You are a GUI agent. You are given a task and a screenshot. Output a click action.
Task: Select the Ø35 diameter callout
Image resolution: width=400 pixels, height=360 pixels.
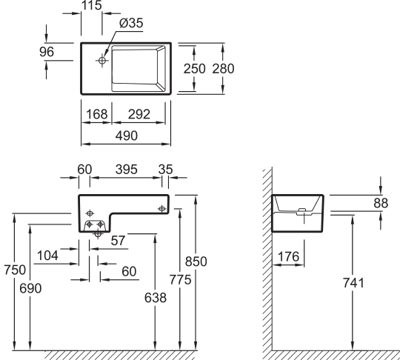coord(130,23)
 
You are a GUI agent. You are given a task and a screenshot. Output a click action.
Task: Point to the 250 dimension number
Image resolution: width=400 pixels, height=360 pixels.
coord(195,68)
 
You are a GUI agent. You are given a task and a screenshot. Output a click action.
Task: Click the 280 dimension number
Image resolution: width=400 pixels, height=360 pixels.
coord(223,68)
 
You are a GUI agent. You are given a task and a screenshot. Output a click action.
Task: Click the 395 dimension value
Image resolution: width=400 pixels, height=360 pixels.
coord(122,170)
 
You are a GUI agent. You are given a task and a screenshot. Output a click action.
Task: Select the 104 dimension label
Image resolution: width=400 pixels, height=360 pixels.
coord(47,256)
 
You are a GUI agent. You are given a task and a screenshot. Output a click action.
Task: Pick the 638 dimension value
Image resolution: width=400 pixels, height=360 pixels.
coord(153,297)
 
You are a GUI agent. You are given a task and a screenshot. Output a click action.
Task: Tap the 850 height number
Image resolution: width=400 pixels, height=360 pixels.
coord(196,261)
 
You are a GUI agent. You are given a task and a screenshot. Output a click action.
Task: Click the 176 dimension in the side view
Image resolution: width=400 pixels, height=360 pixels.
coord(288,258)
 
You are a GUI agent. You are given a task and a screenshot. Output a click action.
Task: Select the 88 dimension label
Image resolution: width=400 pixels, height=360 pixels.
coord(380,202)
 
